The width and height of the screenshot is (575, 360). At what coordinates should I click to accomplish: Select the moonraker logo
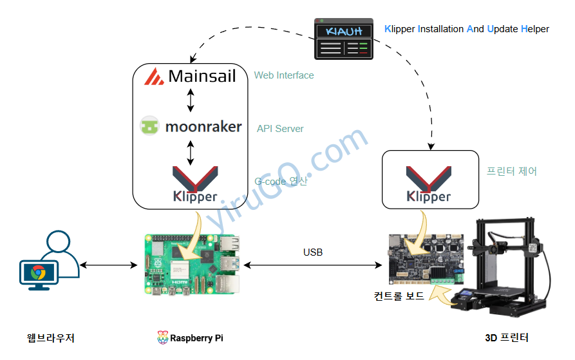(x=191, y=126)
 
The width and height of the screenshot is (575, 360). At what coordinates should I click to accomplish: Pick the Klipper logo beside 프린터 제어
(x=428, y=184)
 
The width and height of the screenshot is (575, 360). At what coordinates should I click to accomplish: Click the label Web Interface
(x=284, y=75)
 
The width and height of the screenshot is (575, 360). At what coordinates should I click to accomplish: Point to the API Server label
(x=280, y=129)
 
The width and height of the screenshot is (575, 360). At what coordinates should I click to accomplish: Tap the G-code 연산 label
(x=281, y=182)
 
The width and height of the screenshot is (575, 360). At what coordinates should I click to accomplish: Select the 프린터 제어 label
(x=511, y=171)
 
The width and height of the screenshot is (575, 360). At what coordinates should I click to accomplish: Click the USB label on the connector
(x=313, y=252)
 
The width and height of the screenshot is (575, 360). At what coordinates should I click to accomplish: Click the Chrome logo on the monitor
(x=38, y=272)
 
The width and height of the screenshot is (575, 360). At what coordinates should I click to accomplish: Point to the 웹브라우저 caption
(x=51, y=337)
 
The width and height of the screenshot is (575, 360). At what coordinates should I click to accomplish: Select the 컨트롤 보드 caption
(x=399, y=296)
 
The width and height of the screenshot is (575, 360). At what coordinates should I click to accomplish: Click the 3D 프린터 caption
(x=507, y=337)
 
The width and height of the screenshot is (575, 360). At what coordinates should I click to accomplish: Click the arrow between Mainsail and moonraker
(x=190, y=100)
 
